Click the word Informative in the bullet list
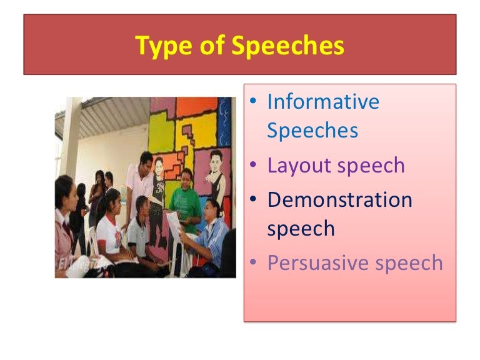coord(323,101)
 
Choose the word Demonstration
coord(340,200)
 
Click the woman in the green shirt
coord(185,200)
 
